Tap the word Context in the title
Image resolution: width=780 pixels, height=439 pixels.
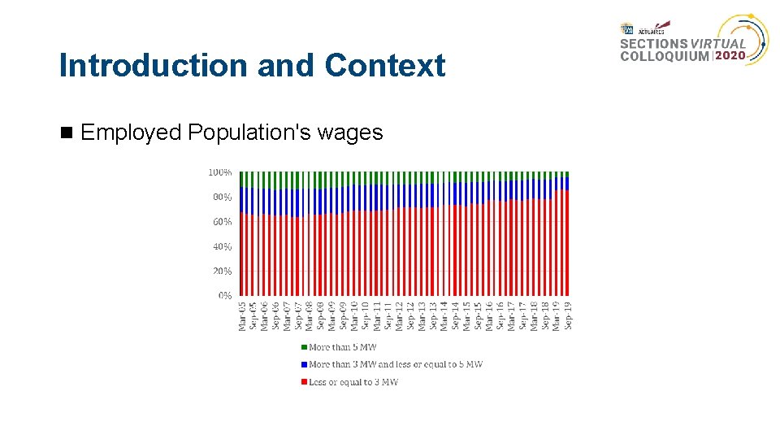click(385, 66)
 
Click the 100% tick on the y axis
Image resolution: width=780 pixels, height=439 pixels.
click(220, 172)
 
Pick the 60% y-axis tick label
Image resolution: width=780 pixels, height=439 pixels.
click(223, 221)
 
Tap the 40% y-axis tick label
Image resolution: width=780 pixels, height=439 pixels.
click(223, 246)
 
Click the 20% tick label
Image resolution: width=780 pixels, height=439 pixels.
click(223, 271)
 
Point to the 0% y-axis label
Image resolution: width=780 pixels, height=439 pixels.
click(225, 295)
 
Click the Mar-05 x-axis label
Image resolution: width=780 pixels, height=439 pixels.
click(242, 317)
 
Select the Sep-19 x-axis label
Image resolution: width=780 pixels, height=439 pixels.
click(568, 317)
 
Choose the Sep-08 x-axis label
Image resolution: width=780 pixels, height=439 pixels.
click(321, 317)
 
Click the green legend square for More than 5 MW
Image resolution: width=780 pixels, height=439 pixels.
click(303, 347)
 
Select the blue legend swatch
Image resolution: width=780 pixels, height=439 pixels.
click(303, 364)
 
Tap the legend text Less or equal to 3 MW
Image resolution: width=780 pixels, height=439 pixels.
click(353, 382)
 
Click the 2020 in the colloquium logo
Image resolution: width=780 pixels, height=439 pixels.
click(730, 56)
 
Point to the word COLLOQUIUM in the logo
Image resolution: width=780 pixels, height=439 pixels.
click(664, 57)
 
